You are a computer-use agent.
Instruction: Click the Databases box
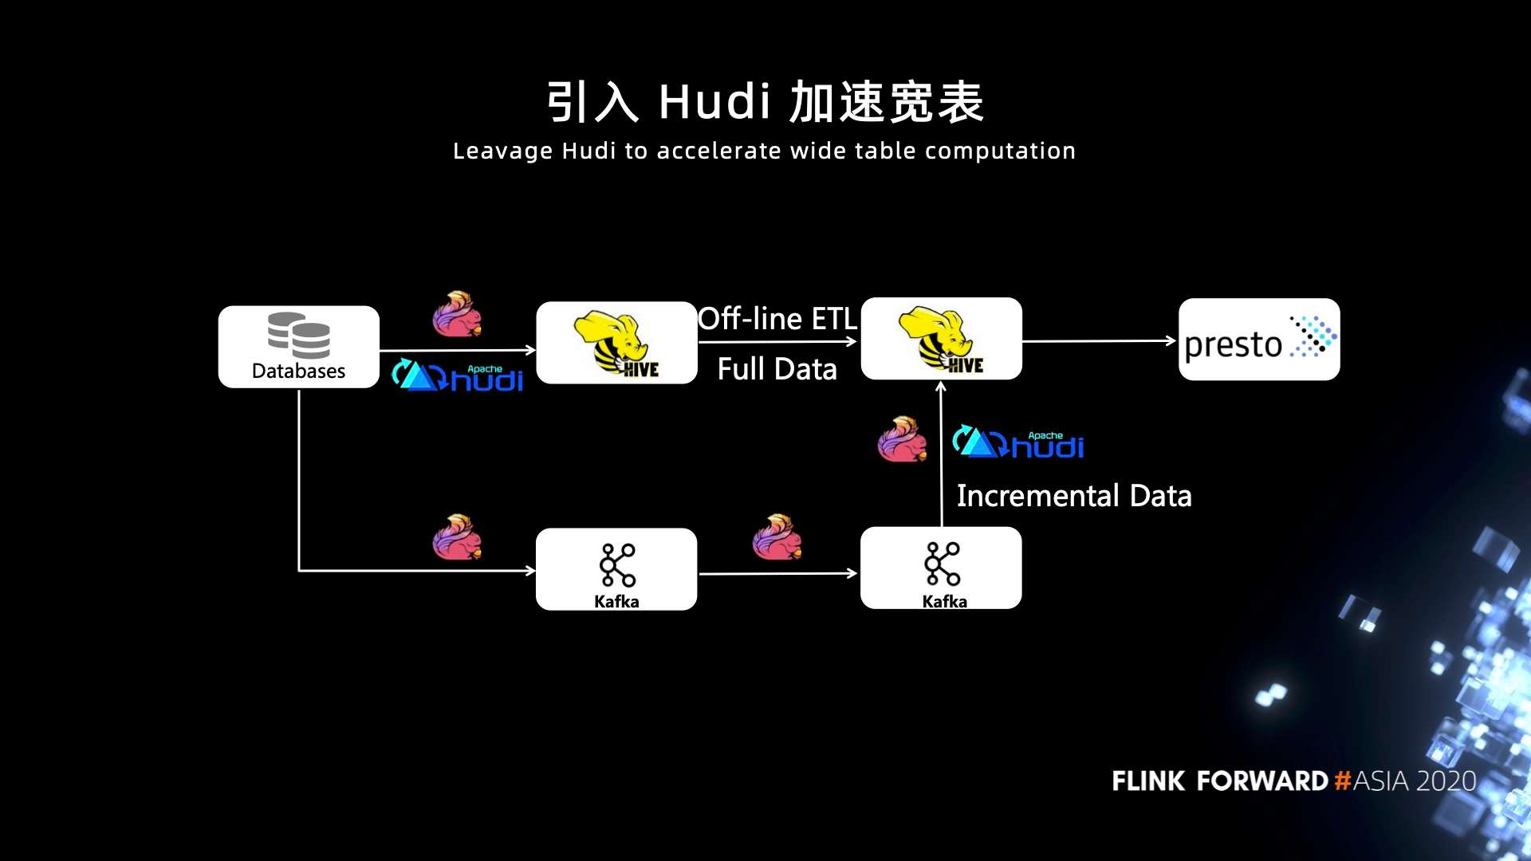(x=298, y=347)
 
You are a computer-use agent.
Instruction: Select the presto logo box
(x=1258, y=340)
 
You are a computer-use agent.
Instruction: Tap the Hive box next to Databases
(x=616, y=343)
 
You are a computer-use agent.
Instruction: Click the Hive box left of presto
(x=941, y=339)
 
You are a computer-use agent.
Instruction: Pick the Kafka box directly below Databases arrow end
(x=616, y=569)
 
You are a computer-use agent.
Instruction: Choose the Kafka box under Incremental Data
(x=941, y=568)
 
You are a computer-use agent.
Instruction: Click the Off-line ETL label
(x=777, y=319)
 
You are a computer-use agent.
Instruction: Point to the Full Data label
(x=777, y=369)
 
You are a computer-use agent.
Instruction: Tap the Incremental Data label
(x=1073, y=496)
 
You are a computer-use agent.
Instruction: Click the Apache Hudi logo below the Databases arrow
(x=458, y=376)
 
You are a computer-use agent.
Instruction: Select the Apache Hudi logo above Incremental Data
(x=1018, y=442)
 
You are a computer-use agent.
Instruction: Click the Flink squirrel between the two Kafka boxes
(x=777, y=537)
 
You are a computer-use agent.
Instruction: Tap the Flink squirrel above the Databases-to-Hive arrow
(x=457, y=313)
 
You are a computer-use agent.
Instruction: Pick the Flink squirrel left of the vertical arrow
(x=902, y=439)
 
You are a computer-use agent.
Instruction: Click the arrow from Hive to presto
(x=1099, y=341)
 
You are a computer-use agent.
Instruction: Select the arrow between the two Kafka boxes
(x=777, y=573)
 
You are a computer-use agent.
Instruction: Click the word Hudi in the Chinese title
(x=715, y=102)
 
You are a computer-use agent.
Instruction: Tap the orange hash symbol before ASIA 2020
(x=1343, y=780)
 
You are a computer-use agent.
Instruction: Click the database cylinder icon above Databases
(x=299, y=335)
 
